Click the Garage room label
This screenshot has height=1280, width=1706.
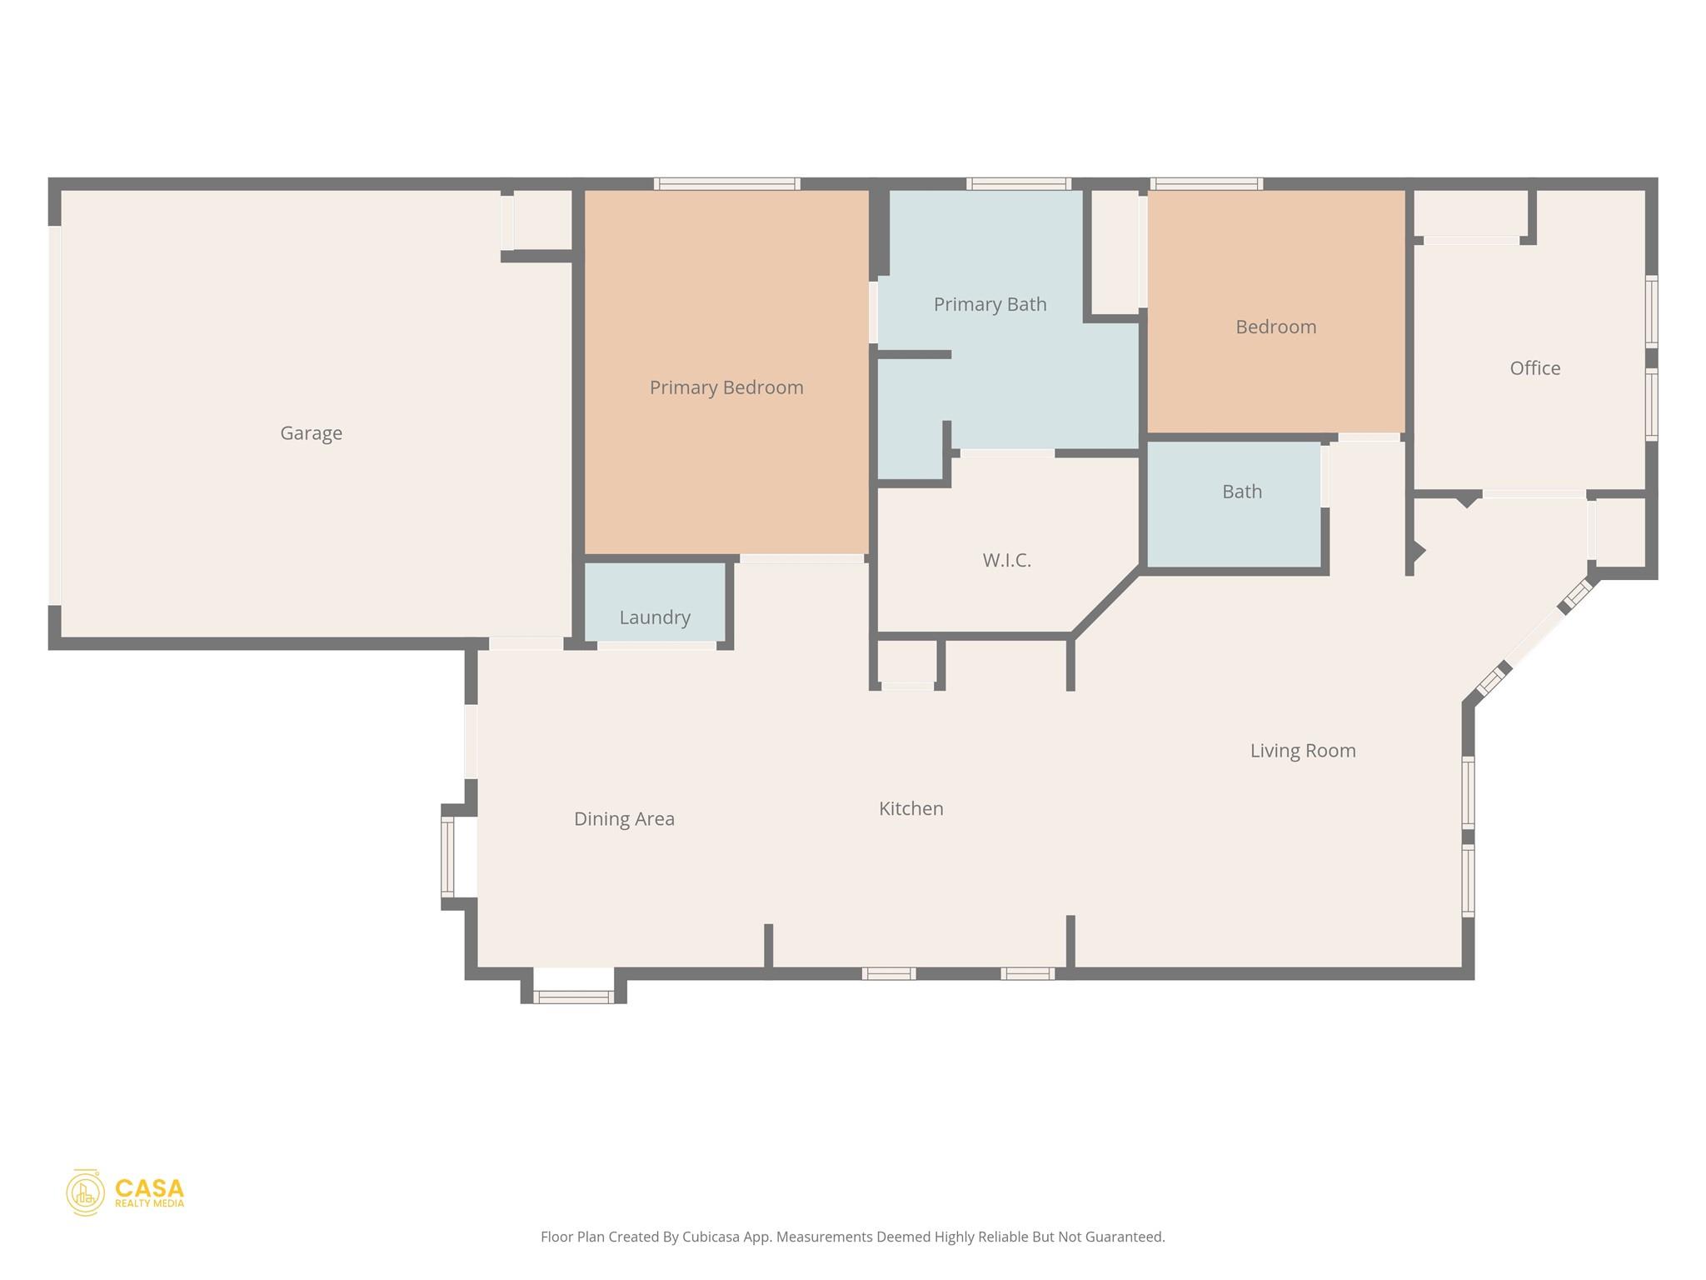[311, 433]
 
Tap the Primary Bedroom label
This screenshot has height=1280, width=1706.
[726, 387]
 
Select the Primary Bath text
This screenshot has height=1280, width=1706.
[990, 304]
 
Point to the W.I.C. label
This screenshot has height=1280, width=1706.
[1006, 560]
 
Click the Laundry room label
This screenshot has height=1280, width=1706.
[655, 617]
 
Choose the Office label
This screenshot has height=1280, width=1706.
[1534, 368]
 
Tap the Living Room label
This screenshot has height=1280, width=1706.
[1302, 751]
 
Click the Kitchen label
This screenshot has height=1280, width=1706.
[910, 808]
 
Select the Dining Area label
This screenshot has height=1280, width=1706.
[624, 819]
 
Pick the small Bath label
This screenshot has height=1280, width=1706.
[1241, 492]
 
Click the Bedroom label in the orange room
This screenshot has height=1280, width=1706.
[1275, 327]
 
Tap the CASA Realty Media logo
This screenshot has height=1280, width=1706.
[126, 1192]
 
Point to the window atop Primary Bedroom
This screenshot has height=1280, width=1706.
[726, 183]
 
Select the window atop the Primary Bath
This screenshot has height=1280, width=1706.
[1018, 183]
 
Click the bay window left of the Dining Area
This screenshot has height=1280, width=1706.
[448, 856]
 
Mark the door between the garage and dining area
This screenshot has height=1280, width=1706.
[526, 643]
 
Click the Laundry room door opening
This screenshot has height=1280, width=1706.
[656, 645]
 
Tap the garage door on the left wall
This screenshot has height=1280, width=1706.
[55, 415]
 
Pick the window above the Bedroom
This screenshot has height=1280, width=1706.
[1206, 183]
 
